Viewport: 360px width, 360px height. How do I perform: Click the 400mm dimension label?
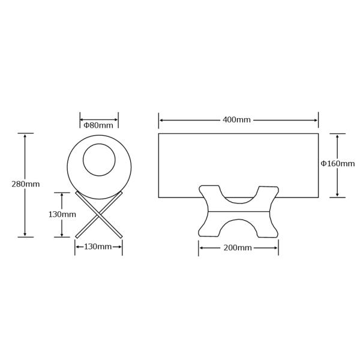pos(236,119)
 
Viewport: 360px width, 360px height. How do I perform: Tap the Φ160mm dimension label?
pos(337,163)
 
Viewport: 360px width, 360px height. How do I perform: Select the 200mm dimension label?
pos(238,248)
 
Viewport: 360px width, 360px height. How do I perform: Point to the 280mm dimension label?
pos(25,184)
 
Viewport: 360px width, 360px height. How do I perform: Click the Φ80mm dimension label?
pos(98,125)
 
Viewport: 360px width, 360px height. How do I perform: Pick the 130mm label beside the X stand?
pos(62,214)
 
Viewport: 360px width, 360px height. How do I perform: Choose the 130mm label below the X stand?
pos(98,247)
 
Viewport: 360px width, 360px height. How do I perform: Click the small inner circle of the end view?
pos(99,144)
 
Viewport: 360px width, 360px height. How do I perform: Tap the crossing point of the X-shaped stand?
pos(99,214)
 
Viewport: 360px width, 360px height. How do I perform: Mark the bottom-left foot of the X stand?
pos(77,237)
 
